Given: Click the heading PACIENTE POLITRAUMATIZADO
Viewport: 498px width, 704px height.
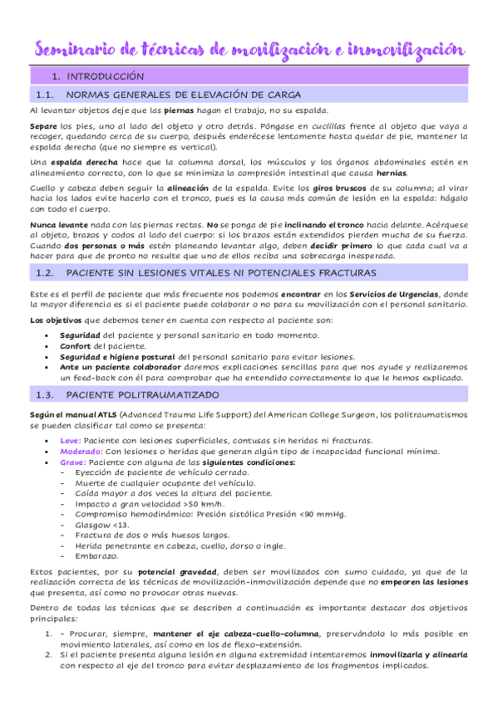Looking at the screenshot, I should [142, 394].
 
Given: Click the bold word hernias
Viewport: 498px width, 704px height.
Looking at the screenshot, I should [391, 173].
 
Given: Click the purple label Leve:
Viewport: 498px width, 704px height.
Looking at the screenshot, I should [71, 440].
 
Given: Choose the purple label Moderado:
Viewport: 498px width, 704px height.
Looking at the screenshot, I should [81, 451].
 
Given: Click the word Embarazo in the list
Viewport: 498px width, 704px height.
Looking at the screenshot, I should [97, 556].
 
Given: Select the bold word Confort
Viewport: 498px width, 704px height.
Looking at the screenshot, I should [76, 345].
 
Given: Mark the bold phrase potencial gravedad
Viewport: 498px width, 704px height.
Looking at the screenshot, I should [173, 572].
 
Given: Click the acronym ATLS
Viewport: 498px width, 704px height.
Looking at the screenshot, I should [107, 413].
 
